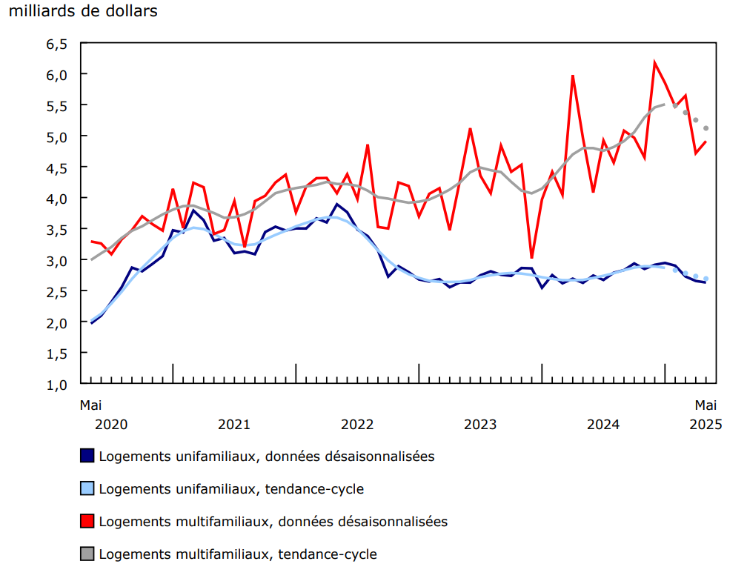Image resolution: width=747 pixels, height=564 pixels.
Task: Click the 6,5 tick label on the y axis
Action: point(56,44)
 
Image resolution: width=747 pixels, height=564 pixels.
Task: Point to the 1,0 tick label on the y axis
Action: point(56,385)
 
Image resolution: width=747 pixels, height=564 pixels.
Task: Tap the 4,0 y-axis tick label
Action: point(56,199)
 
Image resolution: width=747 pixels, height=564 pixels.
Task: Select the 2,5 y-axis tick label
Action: point(56,292)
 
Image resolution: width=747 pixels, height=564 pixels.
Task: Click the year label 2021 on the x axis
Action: point(233,425)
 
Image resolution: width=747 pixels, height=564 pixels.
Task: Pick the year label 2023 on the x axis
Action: point(480,425)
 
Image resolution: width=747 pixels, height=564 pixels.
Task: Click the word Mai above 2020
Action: point(90,405)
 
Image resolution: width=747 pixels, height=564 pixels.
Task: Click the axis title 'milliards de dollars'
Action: point(83,12)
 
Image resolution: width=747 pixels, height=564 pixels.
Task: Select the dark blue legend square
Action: point(87,456)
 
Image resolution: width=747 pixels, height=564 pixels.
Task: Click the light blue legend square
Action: point(87,488)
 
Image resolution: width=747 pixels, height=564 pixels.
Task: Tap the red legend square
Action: point(87,521)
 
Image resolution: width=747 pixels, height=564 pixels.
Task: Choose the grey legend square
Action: point(87,554)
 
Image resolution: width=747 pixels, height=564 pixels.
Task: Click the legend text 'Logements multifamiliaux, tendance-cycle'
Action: point(238,554)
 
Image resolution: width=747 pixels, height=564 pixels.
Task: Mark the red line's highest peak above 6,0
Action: point(654,62)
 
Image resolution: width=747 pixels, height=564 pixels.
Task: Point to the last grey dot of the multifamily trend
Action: point(706,128)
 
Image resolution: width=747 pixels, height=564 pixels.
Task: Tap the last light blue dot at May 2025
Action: point(706,279)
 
